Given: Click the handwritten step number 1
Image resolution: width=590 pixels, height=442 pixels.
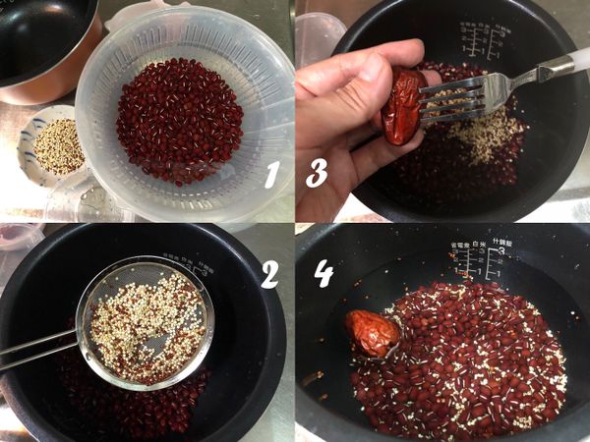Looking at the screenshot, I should coord(271,174).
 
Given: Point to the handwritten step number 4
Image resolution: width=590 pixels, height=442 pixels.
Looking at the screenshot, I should coord(324,274).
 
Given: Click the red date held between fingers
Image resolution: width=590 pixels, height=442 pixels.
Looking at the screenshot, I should coord(402,107).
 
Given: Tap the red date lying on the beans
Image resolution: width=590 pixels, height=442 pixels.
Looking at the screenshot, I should coord(372,333).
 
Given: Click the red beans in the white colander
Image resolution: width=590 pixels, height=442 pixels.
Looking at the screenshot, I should coord(179,120).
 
